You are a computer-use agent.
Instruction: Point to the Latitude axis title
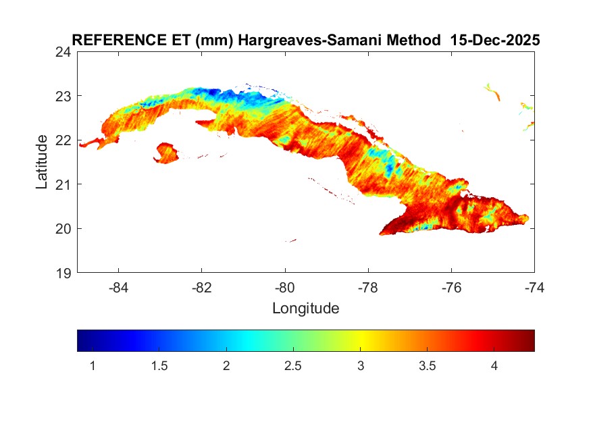click(x=42, y=161)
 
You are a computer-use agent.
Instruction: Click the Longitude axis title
click(x=305, y=309)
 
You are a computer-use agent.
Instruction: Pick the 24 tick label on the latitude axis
click(x=64, y=52)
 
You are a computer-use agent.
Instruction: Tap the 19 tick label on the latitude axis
click(x=64, y=273)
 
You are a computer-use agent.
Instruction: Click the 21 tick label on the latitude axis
click(x=64, y=184)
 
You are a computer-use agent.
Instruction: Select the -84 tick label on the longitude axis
click(x=119, y=288)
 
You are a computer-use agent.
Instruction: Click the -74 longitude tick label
click(x=534, y=288)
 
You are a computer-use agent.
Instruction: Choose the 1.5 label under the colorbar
click(x=159, y=366)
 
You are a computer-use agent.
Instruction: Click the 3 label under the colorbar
click(x=361, y=366)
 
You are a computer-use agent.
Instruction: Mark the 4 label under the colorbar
click(x=494, y=366)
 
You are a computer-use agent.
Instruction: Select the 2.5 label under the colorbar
click(x=293, y=366)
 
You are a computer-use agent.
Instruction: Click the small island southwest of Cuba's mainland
click(x=166, y=153)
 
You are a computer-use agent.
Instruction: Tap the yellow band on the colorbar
click(x=361, y=340)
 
